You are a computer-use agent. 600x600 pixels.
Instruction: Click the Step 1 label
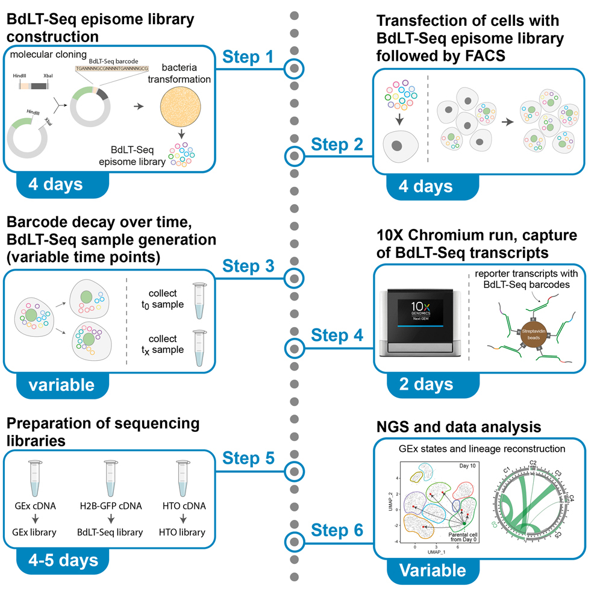[248, 56]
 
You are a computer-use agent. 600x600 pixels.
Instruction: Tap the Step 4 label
[337, 335]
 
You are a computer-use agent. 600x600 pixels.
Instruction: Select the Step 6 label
[337, 530]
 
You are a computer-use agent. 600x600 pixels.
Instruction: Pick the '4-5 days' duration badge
[63, 560]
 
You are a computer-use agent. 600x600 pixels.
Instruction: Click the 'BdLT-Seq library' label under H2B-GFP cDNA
[110, 532]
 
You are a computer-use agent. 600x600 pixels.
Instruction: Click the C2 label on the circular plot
[533, 462]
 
